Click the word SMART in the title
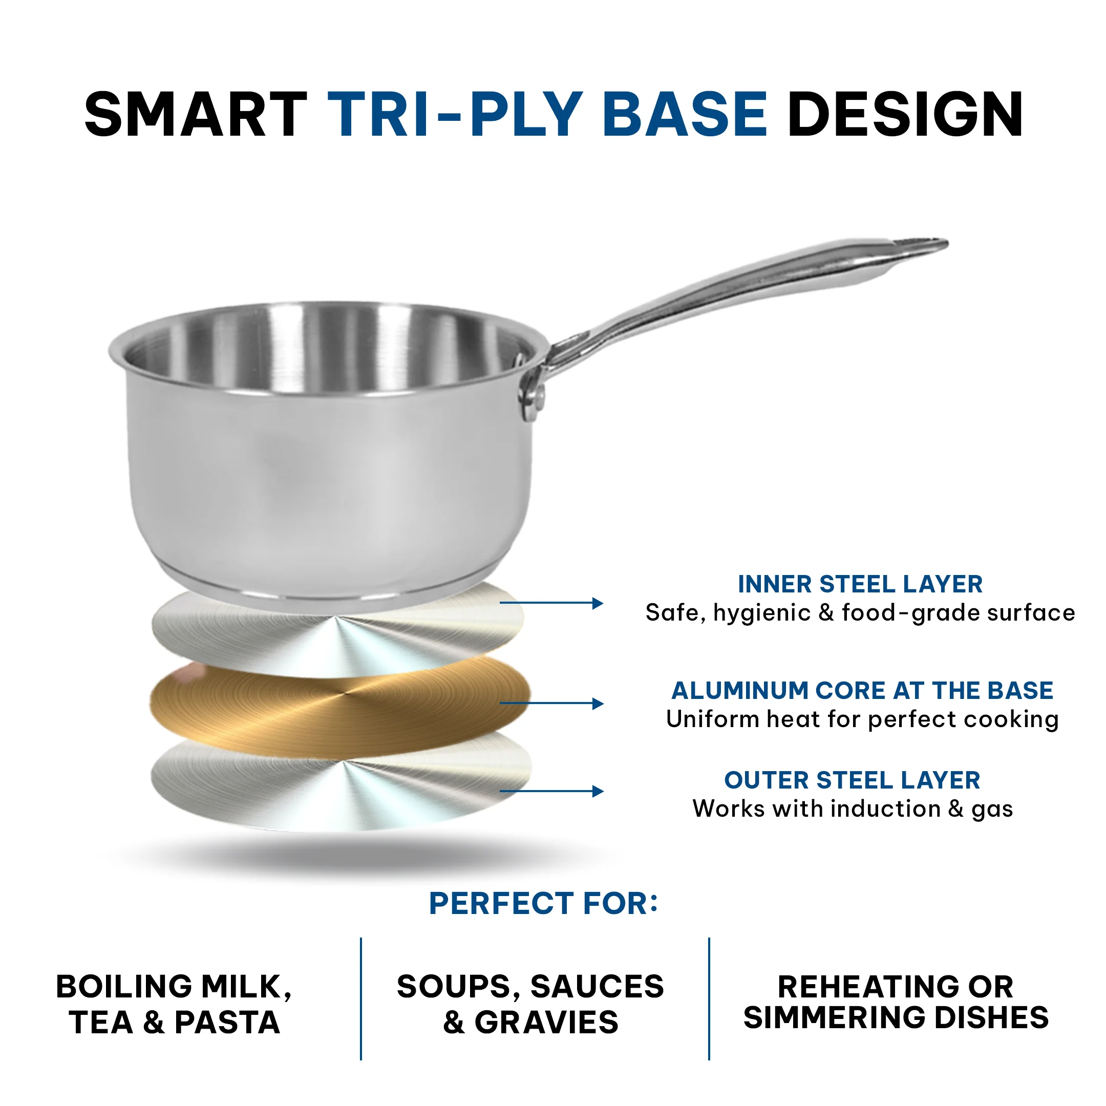(x=196, y=115)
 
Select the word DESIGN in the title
(x=905, y=115)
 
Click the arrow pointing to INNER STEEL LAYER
(x=551, y=603)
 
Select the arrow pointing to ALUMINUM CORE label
(x=551, y=703)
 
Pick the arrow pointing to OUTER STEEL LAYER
(x=551, y=791)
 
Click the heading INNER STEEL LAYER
(x=860, y=584)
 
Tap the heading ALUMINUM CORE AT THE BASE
(x=862, y=690)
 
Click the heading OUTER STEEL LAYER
(x=853, y=780)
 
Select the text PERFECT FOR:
(x=543, y=903)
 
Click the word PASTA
(x=227, y=1023)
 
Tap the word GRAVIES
(x=547, y=1023)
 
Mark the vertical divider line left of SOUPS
(x=361, y=999)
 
